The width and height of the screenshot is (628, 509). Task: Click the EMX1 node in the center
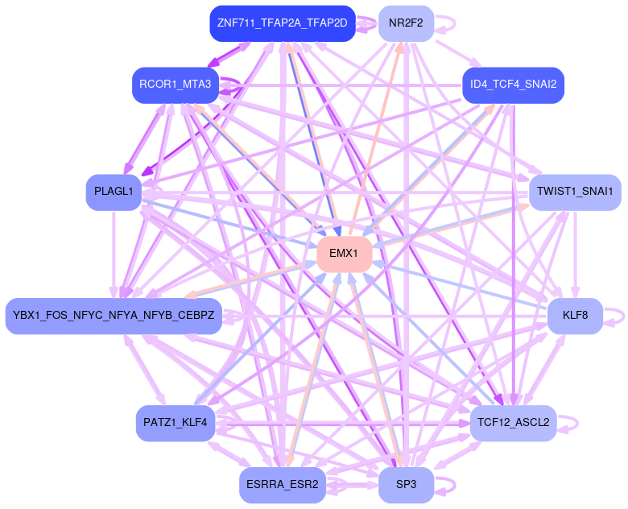(344, 254)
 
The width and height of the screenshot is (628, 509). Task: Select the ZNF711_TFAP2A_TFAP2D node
(282, 23)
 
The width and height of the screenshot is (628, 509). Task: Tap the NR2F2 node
(406, 23)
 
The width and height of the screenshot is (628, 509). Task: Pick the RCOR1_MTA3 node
(175, 85)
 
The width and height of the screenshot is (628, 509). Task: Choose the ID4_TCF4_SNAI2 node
(513, 85)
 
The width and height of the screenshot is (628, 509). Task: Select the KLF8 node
(575, 316)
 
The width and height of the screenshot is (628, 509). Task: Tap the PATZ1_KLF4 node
(175, 423)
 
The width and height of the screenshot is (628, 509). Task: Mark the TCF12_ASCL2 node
(513, 423)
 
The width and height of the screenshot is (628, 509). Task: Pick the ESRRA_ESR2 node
(282, 486)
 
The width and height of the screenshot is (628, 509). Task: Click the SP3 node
(406, 486)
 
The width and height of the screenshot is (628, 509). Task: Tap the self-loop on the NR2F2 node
(448, 22)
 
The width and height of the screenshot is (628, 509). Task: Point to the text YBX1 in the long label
(27, 316)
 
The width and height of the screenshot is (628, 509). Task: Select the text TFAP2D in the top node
(328, 23)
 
